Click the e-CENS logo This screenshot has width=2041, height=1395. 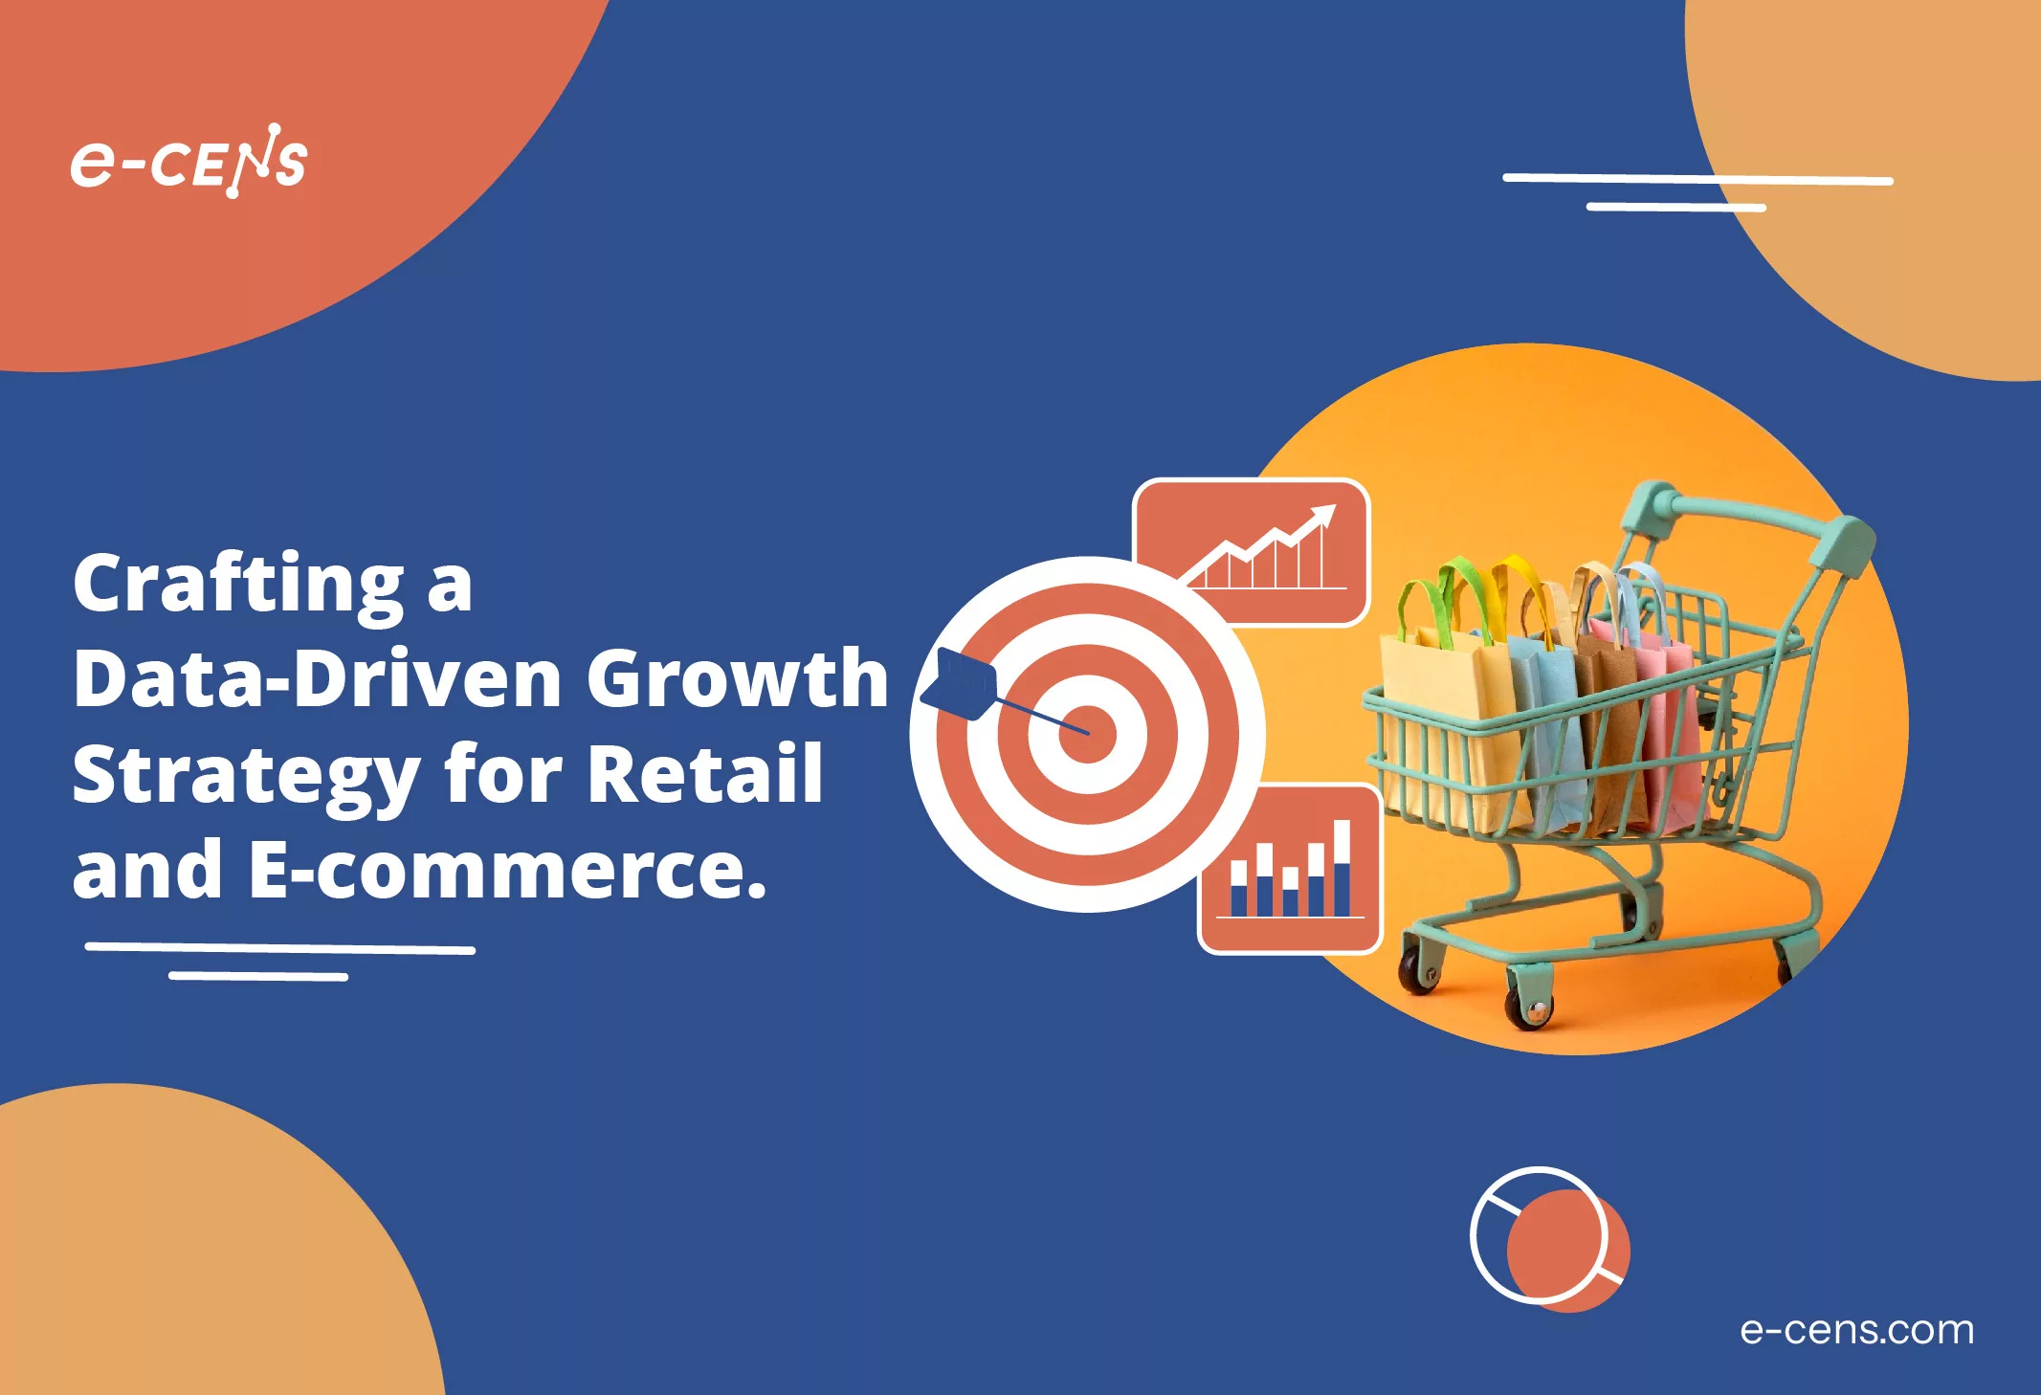tap(189, 162)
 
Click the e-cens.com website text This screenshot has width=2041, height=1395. tap(1856, 1329)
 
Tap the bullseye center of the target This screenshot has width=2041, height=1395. tap(1087, 735)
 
